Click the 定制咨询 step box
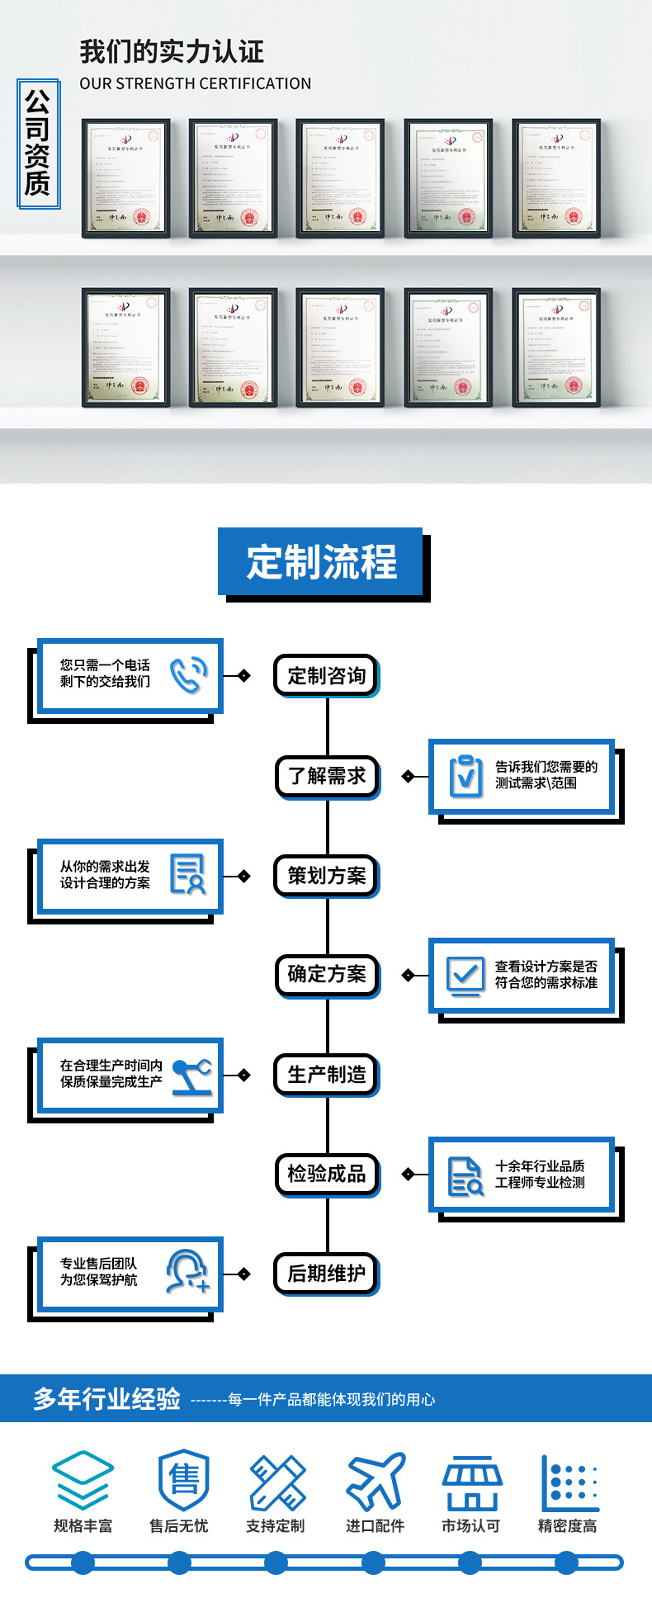point(326,676)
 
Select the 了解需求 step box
point(327,776)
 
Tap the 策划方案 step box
point(327,876)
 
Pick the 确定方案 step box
point(327,975)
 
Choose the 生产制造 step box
point(327,1075)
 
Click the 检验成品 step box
point(327,1174)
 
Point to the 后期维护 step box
point(327,1274)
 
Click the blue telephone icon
point(188,674)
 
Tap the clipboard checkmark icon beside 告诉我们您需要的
point(465,776)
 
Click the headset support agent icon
point(187,1272)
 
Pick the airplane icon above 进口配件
point(376,1482)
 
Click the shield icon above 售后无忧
point(182,1481)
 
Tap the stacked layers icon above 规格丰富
point(83,1481)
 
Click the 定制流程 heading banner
point(321,562)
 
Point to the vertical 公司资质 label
point(37,144)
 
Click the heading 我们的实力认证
point(172,52)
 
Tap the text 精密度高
point(567,1526)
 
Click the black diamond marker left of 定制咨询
point(243,676)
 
